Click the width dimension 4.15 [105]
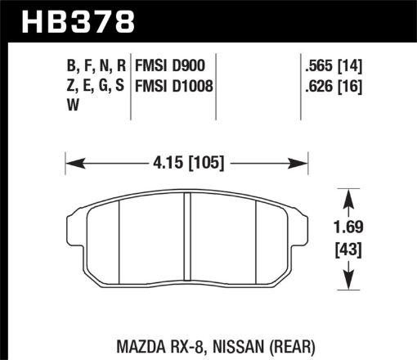186,160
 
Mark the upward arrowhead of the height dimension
349,196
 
